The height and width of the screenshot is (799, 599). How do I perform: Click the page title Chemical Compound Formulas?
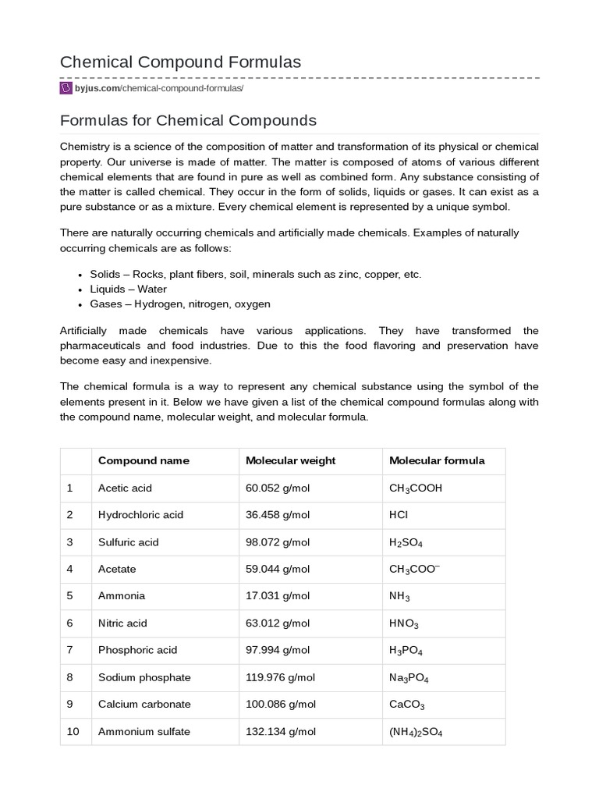pos(180,62)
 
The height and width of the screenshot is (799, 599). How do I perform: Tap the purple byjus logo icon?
pos(66,88)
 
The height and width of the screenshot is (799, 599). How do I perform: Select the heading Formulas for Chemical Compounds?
pos(188,120)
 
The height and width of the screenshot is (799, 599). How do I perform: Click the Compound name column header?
pos(144,460)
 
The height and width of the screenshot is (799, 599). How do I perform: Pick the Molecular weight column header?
pos(290,460)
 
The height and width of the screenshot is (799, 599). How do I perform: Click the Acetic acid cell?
pos(125,488)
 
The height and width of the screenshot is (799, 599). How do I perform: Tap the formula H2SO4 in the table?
pos(406,542)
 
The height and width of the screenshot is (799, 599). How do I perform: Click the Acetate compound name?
pos(117,569)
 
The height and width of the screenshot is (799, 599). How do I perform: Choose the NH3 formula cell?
pos(399,596)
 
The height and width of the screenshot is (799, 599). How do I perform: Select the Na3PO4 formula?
pos(409,678)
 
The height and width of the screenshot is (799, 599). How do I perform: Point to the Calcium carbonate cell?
pos(144,704)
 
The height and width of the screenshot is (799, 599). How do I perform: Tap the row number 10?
pos(73,731)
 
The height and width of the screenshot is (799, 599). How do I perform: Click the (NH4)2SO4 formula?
pos(416,732)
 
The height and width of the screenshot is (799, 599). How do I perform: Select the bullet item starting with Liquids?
pos(129,289)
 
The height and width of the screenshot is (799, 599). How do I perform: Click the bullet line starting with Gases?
pos(180,304)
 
